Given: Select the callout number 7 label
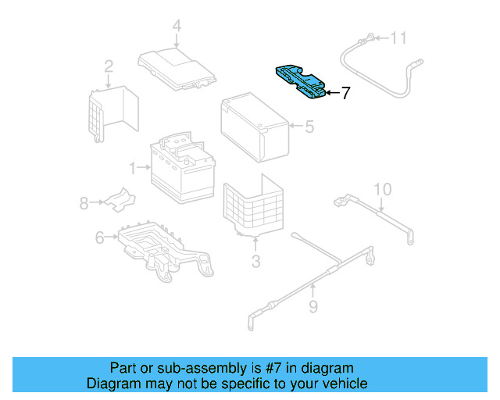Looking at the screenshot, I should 345,93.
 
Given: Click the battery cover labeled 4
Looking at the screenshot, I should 177,68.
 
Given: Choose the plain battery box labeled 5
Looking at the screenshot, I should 255,128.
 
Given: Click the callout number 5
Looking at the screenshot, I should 309,125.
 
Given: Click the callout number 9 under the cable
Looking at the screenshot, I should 312,307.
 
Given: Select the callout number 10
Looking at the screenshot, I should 381,189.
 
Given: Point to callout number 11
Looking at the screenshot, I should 399,37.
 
